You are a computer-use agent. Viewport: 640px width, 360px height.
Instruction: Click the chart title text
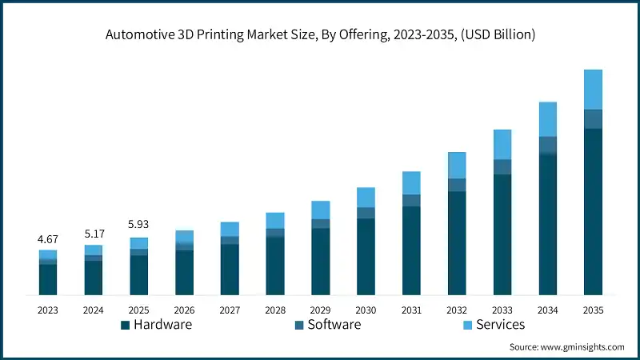click(320, 35)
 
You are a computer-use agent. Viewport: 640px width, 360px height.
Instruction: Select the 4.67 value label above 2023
click(48, 239)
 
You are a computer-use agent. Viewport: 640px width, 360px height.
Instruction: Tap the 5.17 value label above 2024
click(94, 234)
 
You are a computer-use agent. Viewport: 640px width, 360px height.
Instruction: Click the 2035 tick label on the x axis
click(593, 310)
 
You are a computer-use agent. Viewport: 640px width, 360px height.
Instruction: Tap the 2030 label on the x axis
click(366, 310)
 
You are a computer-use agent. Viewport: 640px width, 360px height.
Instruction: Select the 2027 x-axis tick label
click(230, 310)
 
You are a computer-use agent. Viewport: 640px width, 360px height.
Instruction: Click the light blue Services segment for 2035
click(593, 90)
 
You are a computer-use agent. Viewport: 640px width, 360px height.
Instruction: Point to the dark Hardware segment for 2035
click(593, 211)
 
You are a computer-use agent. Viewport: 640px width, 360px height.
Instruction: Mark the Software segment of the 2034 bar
click(547, 145)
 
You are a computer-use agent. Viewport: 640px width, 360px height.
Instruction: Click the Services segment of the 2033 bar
click(502, 145)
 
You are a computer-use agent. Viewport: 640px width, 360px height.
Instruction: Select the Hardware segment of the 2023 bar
click(48, 279)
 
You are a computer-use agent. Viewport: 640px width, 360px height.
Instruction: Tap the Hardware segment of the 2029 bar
click(321, 261)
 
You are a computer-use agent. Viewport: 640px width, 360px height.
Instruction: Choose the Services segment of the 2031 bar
click(411, 183)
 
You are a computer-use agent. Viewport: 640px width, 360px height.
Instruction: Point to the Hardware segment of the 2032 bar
click(457, 243)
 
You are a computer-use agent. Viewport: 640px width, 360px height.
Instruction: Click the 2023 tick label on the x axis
click(48, 310)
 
